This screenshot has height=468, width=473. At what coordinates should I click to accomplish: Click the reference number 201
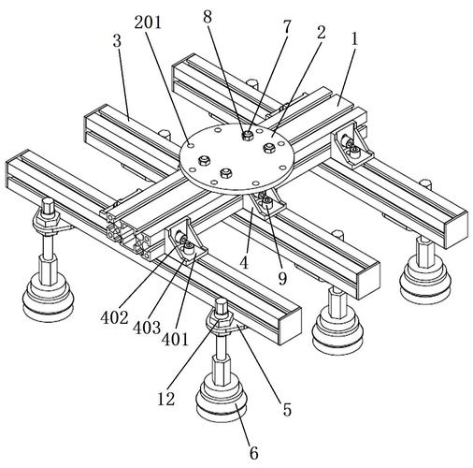click(148, 22)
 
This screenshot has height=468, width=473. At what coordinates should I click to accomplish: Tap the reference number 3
click(117, 41)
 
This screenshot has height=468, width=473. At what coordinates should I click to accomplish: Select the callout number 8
click(208, 17)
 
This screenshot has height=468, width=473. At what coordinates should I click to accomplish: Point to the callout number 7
click(286, 27)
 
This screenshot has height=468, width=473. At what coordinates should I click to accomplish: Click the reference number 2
click(321, 33)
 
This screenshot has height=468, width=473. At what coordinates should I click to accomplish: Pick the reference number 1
click(354, 39)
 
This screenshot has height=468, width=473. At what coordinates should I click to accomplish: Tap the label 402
click(114, 317)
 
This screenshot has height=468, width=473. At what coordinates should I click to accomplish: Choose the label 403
click(147, 328)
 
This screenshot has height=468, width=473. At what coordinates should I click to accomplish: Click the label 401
click(175, 340)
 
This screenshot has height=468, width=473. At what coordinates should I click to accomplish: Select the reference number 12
click(166, 399)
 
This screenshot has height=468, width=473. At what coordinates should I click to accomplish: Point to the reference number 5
click(287, 410)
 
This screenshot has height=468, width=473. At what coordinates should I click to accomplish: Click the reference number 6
click(254, 453)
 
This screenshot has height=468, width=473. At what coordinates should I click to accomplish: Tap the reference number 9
click(282, 279)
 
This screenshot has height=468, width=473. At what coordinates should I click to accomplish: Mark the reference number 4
click(244, 262)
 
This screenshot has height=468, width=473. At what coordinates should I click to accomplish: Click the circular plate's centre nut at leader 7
click(248, 135)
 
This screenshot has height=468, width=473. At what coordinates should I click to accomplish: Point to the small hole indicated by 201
click(191, 145)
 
